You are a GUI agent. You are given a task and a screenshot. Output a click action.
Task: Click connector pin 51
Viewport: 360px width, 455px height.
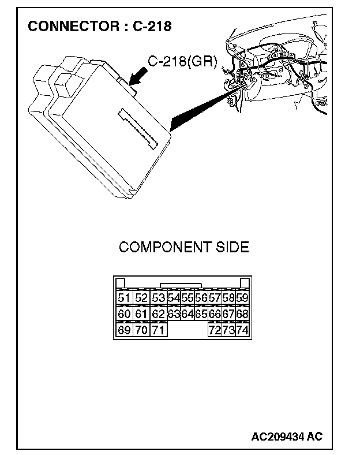click(x=123, y=299)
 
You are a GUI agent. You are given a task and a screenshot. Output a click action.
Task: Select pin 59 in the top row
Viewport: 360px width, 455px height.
click(x=242, y=299)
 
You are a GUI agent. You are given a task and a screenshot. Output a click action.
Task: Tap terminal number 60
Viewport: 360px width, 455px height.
click(x=123, y=314)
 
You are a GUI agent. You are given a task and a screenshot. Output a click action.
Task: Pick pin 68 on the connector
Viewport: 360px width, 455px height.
click(x=242, y=314)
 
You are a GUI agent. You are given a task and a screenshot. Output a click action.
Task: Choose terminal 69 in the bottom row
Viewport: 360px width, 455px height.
click(x=123, y=330)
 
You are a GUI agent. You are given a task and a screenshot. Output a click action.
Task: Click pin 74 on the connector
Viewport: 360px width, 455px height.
click(x=242, y=330)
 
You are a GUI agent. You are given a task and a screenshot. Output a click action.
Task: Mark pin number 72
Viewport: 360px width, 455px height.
click(x=214, y=330)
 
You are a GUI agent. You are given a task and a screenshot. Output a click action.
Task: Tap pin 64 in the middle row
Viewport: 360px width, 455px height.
click(x=187, y=314)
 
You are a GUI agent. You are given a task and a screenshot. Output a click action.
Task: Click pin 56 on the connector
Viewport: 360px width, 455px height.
click(x=201, y=299)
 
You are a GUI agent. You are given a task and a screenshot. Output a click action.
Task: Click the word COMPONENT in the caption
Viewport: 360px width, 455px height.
click(x=164, y=247)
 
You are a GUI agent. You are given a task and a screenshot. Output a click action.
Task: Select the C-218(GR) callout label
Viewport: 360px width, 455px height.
click(x=182, y=61)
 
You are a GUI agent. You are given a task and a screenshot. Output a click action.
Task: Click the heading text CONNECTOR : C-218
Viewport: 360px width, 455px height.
click(x=100, y=27)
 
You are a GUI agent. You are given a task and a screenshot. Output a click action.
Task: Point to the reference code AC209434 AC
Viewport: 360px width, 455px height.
click(x=287, y=436)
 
